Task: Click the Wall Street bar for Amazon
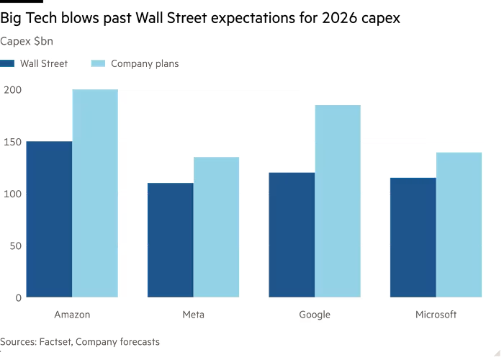tap(49, 219)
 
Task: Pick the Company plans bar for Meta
tap(216, 227)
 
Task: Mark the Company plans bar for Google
tap(338, 201)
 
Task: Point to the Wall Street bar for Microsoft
tap(413, 237)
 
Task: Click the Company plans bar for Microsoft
tap(459, 224)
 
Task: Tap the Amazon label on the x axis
tap(72, 315)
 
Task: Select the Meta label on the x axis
tap(193, 315)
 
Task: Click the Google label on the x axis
tap(315, 315)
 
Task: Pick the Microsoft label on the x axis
tap(436, 315)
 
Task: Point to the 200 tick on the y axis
tap(13, 89)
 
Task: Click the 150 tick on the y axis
tap(13, 141)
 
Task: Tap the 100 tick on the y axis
tap(13, 194)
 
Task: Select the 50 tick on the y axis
tap(16, 246)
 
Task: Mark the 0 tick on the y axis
tap(19, 297)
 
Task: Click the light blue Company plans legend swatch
tap(99, 63)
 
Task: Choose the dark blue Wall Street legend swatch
tap(8, 63)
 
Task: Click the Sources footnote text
tap(80, 342)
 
